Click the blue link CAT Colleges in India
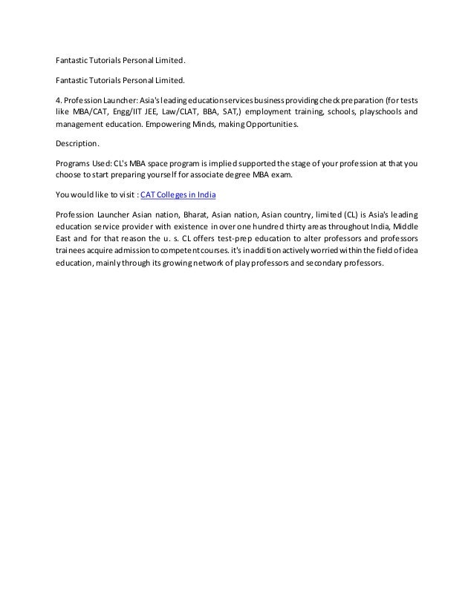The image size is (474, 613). [x=183, y=195]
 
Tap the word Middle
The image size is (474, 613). [x=404, y=226]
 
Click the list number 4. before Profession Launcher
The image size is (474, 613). [x=59, y=99]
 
